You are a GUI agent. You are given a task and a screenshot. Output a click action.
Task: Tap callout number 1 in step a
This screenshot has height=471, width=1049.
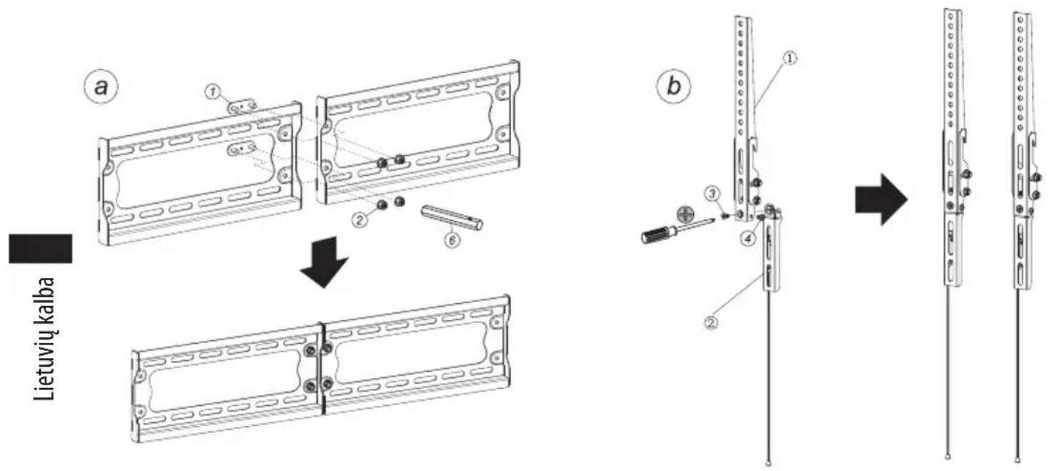pyautogui.click(x=213, y=91)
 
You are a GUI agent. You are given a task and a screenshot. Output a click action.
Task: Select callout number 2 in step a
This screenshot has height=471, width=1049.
pyautogui.click(x=359, y=220)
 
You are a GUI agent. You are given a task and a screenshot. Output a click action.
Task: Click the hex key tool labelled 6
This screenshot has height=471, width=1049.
pyautogui.click(x=452, y=217)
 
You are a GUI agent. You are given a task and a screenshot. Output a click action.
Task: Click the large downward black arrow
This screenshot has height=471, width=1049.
pyautogui.click(x=324, y=262)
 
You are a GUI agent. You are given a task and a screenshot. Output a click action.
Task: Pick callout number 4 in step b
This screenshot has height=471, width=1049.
pyautogui.click(x=748, y=239)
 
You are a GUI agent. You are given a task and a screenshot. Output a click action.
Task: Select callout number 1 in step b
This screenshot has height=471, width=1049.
pyautogui.click(x=790, y=58)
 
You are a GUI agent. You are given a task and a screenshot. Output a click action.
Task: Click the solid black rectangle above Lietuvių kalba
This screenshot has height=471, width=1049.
pyautogui.click(x=40, y=249)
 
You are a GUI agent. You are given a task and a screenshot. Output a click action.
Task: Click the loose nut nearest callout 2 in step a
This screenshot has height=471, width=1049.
pyautogui.click(x=382, y=204)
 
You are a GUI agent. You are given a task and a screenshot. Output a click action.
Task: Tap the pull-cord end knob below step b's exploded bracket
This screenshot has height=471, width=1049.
pyautogui.click(x=768, y=464)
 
